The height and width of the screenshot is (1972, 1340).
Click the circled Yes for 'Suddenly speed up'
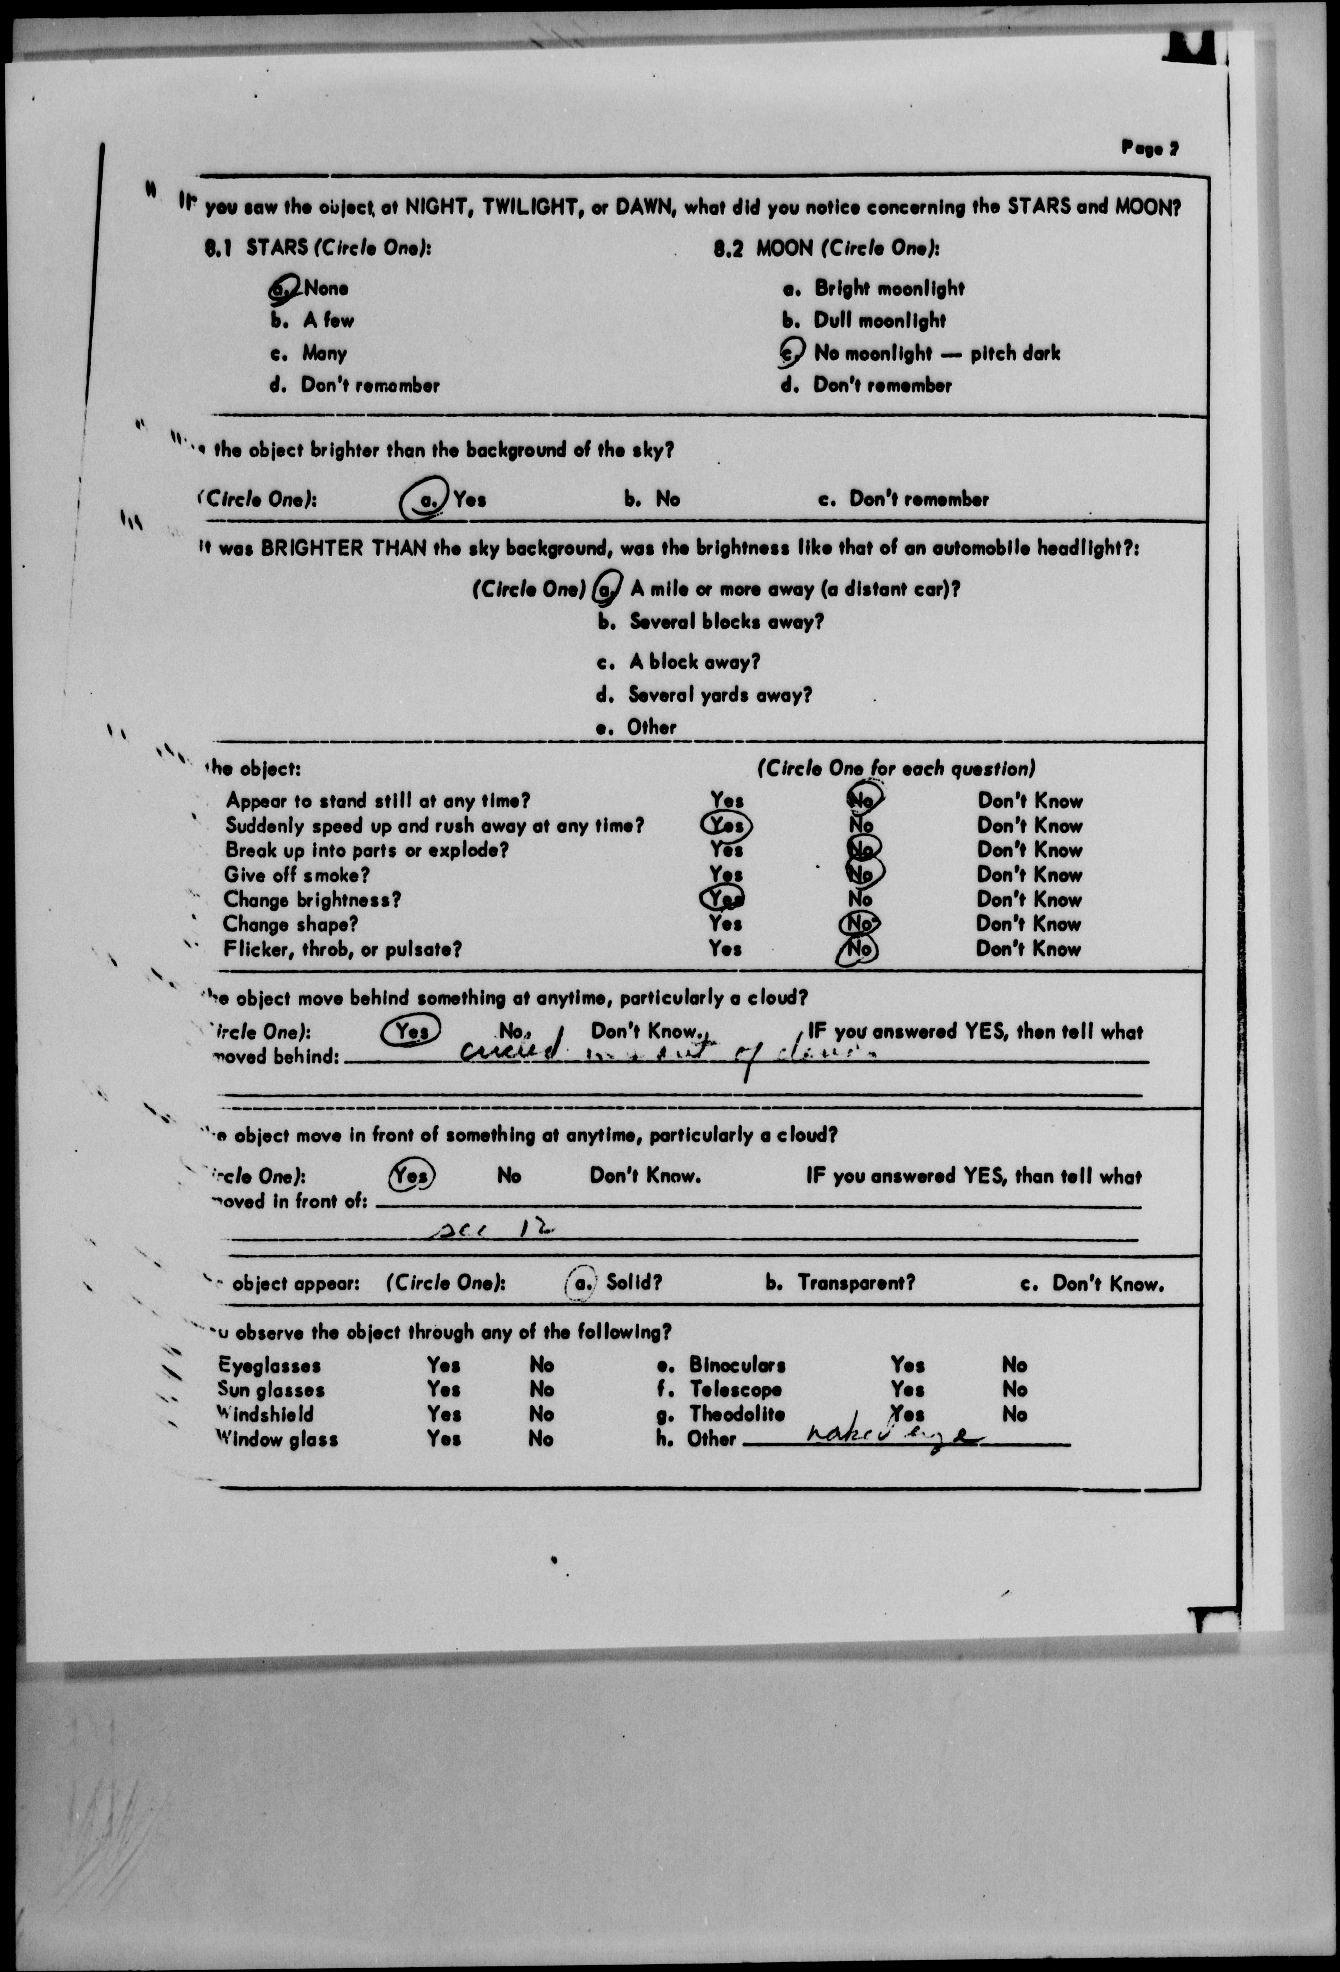(726, 825)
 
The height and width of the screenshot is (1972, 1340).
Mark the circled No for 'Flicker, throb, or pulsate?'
(858, 950)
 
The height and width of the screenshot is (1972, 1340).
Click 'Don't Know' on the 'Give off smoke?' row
(1029, 875)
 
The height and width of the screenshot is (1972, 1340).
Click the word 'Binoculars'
(737, 1365)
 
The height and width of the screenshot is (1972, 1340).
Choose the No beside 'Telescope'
(1014, 1390)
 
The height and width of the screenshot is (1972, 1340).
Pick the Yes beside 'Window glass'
(443, 1439)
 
